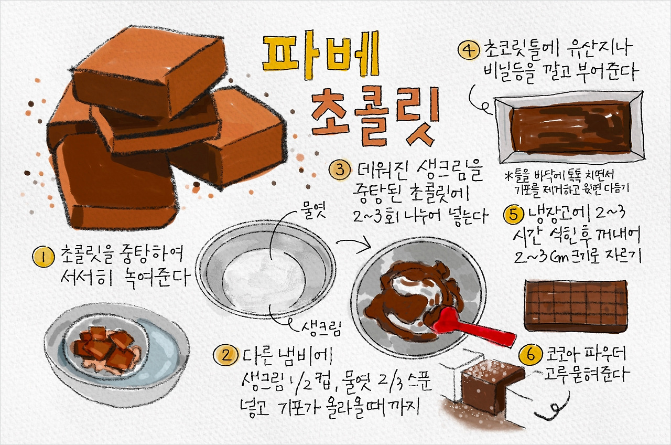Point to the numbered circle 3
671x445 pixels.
point(340,170)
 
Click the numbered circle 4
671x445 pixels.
point(468,50)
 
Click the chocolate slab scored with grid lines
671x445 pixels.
point(576,305)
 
